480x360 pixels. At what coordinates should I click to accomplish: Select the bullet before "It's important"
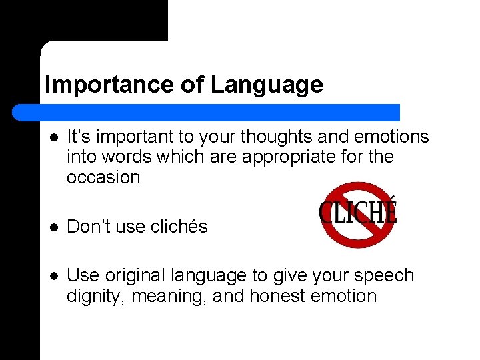point(54,137)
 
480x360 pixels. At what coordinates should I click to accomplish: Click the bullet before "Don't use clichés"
point(54,227)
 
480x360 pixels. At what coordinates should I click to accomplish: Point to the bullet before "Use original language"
point(54,276)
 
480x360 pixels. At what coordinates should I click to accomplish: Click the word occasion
point(103,177)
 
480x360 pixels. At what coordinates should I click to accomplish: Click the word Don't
point(88,227)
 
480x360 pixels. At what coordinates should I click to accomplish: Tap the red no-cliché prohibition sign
point(359,214)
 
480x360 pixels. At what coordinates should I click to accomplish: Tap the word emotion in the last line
point(347,296)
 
